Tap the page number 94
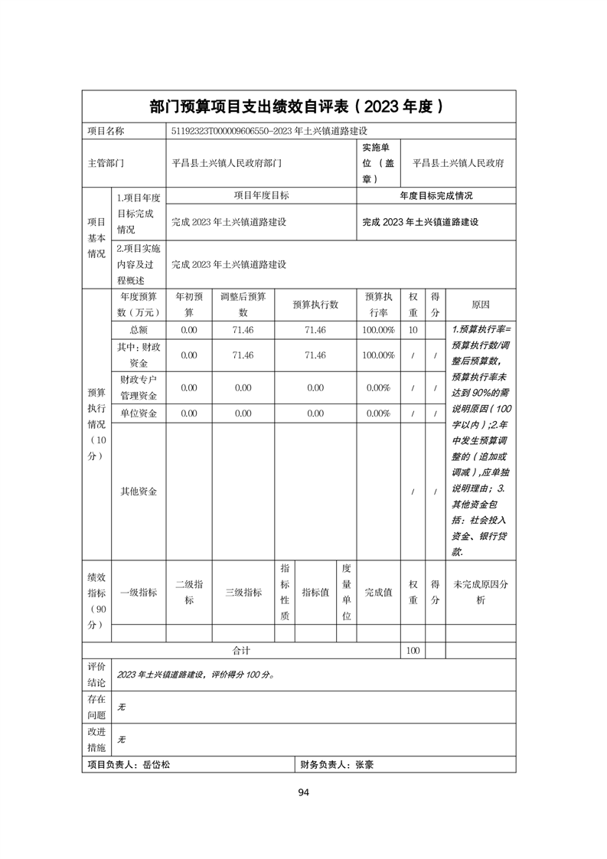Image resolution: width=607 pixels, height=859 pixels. click(x=303, y=792)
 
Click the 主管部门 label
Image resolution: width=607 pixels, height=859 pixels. click(x=106, y=163)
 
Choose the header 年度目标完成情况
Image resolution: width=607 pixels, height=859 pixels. click(x=436, y=196)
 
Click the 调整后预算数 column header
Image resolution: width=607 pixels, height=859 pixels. click(x=243, y=305)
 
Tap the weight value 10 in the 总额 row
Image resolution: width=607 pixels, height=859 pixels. click(x=413, y=329)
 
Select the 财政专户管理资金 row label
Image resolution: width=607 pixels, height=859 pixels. click(x=138, y=387)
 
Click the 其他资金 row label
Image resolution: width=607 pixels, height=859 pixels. click(x=138, y=492)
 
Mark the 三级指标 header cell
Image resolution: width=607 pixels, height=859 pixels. click(x=243, y=593)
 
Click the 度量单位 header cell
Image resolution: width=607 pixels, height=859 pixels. click(x=346, y=593)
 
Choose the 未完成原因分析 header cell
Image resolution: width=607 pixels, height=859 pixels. click(x=481, y=593)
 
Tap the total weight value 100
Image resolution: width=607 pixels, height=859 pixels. click(x=413, y=650)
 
